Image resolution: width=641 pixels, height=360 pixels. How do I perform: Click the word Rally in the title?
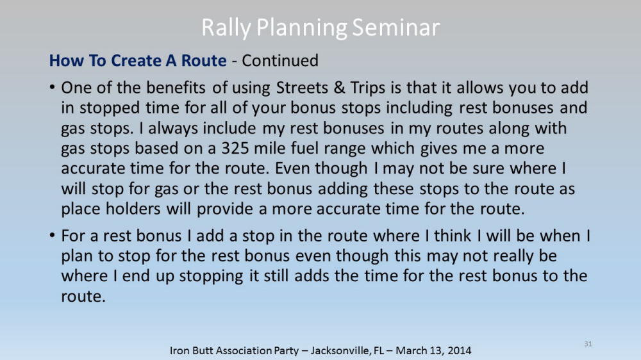pos(226,28)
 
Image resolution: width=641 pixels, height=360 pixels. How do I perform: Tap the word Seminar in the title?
pos(395,28)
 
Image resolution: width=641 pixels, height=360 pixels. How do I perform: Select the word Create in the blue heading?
pos(136,60)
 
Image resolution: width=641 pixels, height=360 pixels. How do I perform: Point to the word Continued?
pos(280,60)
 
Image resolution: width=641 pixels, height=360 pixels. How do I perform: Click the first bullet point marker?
pos(52,88)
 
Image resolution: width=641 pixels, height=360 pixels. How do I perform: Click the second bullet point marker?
pos(52,236)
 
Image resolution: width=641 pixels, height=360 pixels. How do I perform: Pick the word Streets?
pos(303,88)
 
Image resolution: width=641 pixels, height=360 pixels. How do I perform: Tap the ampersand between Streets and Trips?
pos(339,88)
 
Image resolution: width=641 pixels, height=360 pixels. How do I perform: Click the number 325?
pos(235,148)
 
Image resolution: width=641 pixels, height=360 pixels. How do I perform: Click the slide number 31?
pos(588,343)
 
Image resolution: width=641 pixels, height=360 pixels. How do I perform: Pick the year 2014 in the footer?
pos(459,350)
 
